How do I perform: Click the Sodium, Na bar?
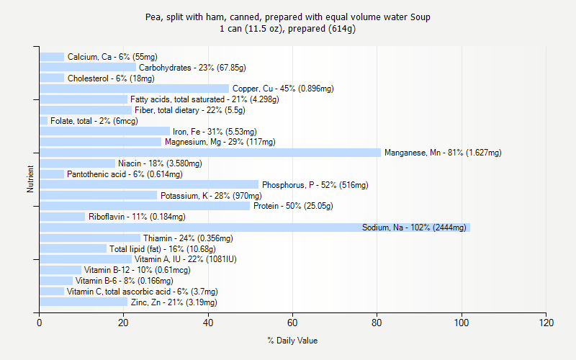(254, 228)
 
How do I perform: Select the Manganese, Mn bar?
(210, 153)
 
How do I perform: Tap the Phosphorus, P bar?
(148, 185)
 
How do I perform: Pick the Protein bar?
(144, 206)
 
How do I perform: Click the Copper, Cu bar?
(134, 89)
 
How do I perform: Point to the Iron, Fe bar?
(104, 131)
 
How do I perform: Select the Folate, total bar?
(43, 121)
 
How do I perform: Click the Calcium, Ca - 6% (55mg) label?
(112, 57)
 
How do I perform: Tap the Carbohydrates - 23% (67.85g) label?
(192, 68)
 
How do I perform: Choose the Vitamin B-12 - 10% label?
(138, 270)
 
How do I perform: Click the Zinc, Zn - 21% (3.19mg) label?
(174, 302)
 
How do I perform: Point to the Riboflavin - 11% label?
(137, 217)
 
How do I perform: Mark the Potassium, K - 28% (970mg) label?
(211, 196)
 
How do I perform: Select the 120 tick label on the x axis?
(546, 323)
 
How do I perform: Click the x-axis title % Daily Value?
(292, 341)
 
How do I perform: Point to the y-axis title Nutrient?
(30, 179)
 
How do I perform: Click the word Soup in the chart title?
(420, 17)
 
